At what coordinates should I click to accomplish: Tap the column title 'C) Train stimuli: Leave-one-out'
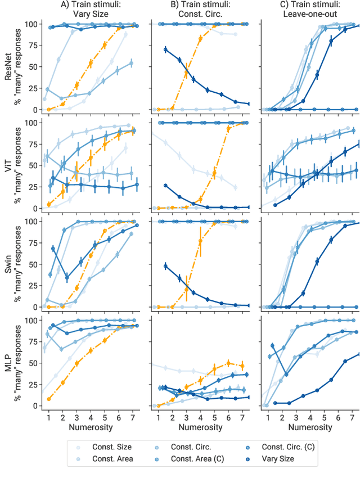pyautogui.click(x=310, y=9)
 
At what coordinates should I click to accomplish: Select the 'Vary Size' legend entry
pyautogui.click(x=280, y=459)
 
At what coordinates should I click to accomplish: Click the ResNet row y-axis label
pyautogui.click(x=12, y=66)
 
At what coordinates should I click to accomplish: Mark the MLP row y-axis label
pyautogui.click(x=12, y=362)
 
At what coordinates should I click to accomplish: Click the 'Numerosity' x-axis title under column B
pyautogui.click(x=200, y=427)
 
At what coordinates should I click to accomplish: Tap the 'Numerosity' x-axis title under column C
pyautogui.click(x=310, y=427)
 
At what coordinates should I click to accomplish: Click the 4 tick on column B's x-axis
pyautogui.click(x=201, y=417)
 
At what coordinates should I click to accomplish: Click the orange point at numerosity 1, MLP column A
pyautogui.click(x=49, y=399)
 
